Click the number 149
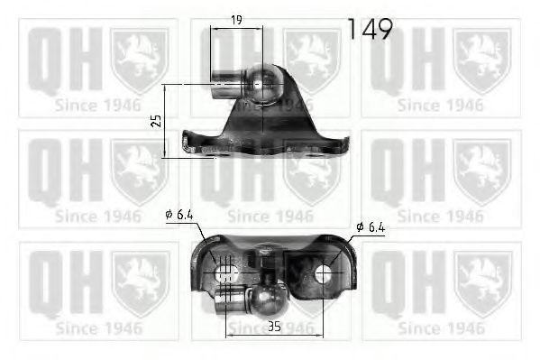[370, 29]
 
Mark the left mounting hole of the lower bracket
[225, 272]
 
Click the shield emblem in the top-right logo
[481, 59]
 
